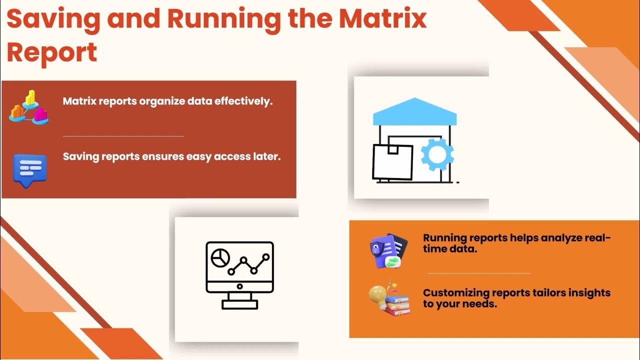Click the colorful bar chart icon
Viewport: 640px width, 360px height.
click(x=28, y=106)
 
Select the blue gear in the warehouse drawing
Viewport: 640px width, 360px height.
click(x=437, y=154)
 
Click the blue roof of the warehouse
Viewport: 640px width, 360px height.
click(x=414, y=112)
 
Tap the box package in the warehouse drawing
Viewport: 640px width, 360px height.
click(x=392, y=161)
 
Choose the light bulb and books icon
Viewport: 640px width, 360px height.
click(x=389, y=299)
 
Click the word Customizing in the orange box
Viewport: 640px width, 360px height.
click(x=455, y=292)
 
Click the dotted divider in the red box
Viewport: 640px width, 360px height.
click(x=123, y=136)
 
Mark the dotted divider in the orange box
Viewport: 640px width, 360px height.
click(x=478, y=273)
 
